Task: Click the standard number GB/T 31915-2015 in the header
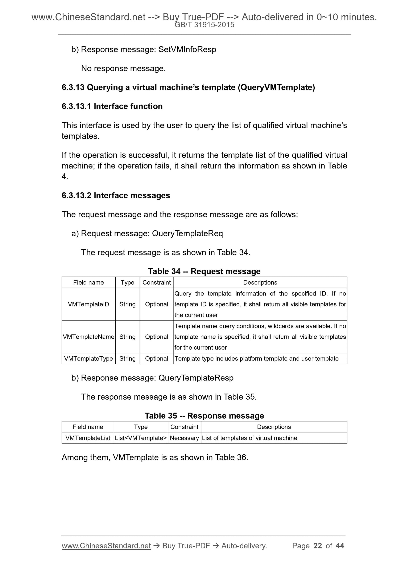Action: coord(204,25)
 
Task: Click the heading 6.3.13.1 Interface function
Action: coord(112,106)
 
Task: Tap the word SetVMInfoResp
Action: coord(187,49)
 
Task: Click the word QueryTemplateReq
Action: coord(187,233)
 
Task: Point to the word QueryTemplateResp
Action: coord(196,378)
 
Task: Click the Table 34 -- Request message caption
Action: coord(204,271)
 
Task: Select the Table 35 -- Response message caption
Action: coord(204,416)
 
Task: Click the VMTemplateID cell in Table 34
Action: coord(88,304)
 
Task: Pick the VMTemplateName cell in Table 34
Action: coord(88,337)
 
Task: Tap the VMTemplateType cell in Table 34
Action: coord(88,359)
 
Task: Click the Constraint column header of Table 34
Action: coord(157,282)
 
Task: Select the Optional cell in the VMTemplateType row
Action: coord(157,359)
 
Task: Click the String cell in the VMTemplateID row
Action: coord(128,304)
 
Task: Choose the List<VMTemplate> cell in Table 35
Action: coord(141,438)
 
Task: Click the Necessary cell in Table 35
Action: coord(185,438)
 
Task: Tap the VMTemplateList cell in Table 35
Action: coord(88,438)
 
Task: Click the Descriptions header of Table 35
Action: coord(274,427)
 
